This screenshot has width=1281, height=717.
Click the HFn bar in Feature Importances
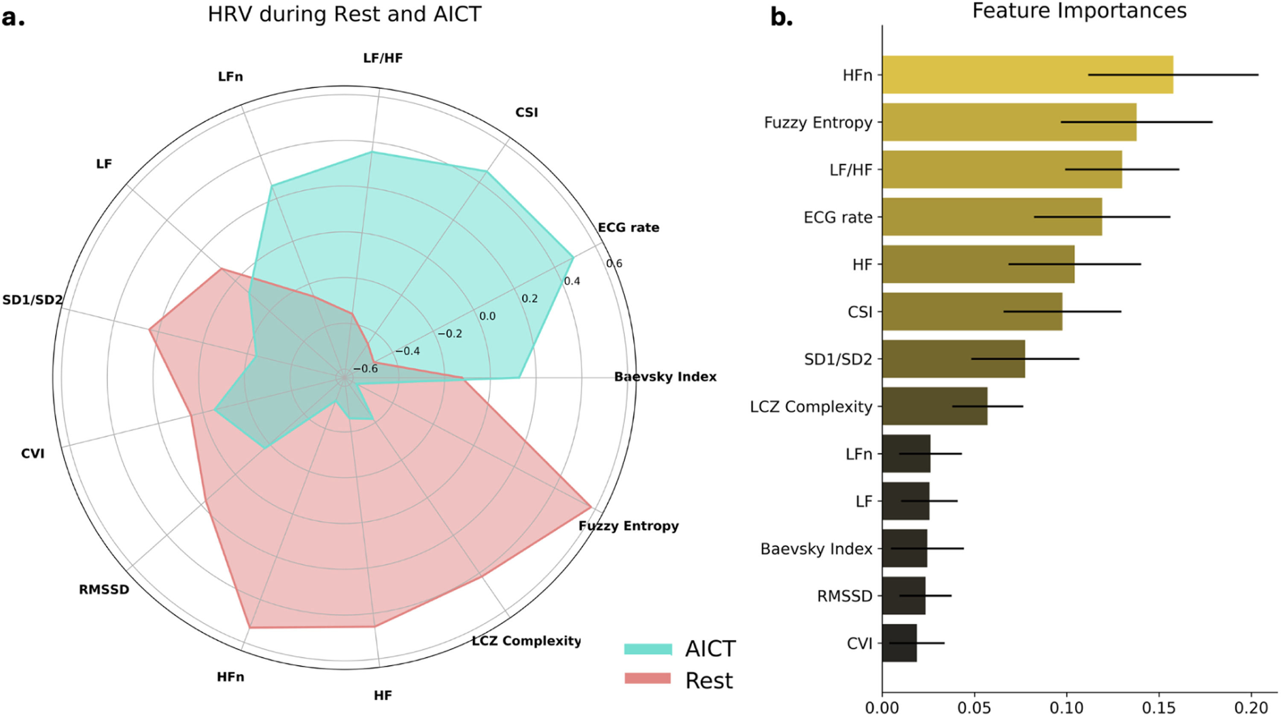(1027, 75)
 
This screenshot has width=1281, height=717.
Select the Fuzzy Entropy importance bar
(1009, 122)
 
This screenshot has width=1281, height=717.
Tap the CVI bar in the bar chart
(899, 643)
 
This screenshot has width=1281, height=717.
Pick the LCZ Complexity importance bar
(934, 406)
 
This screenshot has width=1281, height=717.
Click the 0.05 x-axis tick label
(974, 707)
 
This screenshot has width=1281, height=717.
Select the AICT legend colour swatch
(647, 649)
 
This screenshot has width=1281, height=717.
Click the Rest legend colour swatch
(647, 679)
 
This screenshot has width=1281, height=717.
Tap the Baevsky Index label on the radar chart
(665, 377)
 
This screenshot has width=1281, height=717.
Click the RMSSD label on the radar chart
(104, 590)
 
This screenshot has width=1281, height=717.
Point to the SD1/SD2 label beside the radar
(32, 300)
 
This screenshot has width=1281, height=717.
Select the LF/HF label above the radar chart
(383, 58)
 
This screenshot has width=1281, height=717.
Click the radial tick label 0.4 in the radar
(572, 281)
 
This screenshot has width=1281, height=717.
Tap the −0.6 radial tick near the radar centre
(366, 369)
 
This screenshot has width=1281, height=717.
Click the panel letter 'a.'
(13, 18)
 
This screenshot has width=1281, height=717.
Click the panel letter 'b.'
(781, 18)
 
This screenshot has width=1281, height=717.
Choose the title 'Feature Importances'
(1079, 11)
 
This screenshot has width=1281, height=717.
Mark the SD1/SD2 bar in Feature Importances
(953, 359)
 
